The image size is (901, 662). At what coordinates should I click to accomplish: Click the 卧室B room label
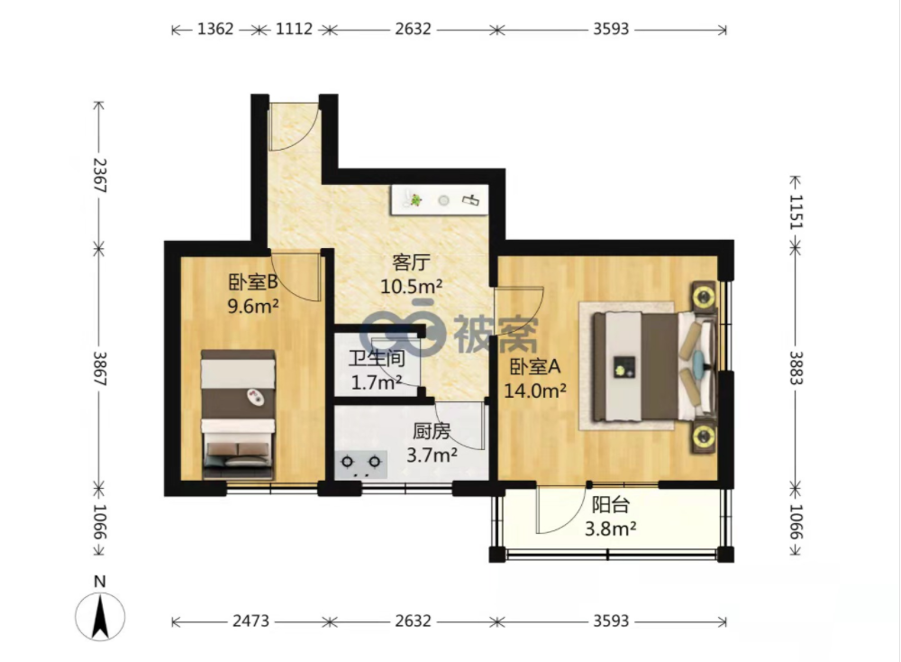[253, 281]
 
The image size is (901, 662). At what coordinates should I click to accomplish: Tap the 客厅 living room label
[411, 262]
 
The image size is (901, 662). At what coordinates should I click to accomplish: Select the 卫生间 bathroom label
[377, 358]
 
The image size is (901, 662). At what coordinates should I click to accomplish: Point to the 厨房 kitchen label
[432, 431]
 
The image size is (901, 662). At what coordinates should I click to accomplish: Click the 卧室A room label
[535, 366]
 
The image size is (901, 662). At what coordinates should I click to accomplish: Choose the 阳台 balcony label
[611, 504]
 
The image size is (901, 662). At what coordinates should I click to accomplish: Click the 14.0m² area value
[535, 391]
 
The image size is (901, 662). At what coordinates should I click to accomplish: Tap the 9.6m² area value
[253, 306]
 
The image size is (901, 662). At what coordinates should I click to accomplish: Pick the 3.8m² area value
[610, 529]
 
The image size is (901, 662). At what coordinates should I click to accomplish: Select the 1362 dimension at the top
[215, 29]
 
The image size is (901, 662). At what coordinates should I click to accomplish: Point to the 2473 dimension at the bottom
[251, 621]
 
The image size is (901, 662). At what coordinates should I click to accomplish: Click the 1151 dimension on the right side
[796, 212]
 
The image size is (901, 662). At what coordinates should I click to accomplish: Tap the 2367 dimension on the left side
[100, 176]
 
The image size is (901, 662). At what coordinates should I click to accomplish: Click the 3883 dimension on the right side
[796, 368]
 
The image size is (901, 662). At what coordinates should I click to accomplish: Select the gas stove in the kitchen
[361, 464]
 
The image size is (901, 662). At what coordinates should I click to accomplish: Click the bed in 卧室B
[237, 414]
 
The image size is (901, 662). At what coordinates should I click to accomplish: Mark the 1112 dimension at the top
[295, 29]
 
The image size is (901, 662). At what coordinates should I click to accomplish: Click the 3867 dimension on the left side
[100, 369]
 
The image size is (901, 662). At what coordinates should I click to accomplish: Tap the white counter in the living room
[440, 200]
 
